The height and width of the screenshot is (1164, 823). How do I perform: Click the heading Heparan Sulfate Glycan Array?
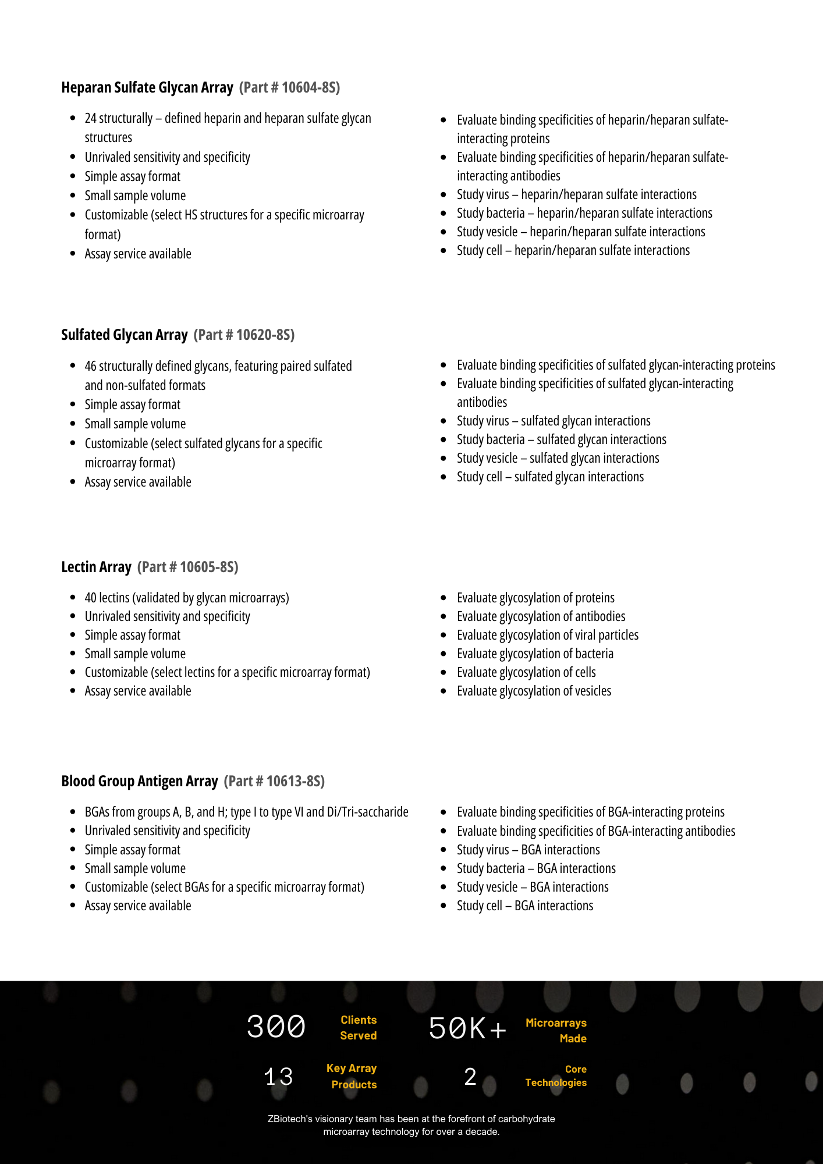[x=147, y=87]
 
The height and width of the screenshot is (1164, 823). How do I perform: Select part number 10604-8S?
[x=289, y=87]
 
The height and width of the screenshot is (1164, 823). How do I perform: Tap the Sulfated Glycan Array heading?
[x=124, y=335]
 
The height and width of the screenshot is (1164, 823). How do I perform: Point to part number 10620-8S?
[x=244, y=335]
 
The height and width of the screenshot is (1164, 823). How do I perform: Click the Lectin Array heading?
[x=96, y=567]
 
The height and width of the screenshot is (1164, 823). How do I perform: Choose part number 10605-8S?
[x=187, y=567]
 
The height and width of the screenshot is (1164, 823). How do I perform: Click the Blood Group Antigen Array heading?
[x=139, y=781]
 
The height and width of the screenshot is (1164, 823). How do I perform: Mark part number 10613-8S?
[x=274, y=781]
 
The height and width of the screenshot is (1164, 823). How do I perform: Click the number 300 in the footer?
[x=276, y=1027]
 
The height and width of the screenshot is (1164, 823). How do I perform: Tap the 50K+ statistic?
[x=467, y=1028]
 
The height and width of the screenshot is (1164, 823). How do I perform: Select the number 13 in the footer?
[x=278, y=1077]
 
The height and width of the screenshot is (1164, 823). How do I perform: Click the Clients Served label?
[x=358, y=1028]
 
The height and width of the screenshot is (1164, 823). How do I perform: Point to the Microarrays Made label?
[x=556, y=1031]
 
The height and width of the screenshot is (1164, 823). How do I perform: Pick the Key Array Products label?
[x=352, y=1076]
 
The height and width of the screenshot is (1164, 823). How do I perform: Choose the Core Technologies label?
[x=556, y=1076]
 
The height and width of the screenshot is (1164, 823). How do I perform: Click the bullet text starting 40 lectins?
[x=186, y=598]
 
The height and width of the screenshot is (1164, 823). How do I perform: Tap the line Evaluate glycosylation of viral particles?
[x=547, y=635]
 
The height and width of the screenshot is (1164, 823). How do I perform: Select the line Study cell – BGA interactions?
[x=524, y=906]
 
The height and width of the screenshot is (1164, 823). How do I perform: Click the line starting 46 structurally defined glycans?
[x=218, y=366]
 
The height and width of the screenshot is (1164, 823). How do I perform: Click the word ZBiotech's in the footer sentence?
[x=290, y=1119]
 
